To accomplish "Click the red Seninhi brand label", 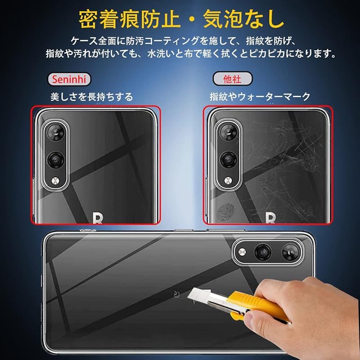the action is [69, 80].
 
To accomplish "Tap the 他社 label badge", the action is [232, 79].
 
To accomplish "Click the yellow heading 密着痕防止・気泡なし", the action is [181, 19].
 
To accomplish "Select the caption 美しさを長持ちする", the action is [92, 97].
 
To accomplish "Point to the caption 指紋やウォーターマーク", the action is [260, 96].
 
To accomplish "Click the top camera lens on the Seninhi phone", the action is [55, 132].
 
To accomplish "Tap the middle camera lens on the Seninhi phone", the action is [55, 160].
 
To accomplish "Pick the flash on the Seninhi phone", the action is [55, 180].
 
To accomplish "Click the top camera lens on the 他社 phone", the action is [228, 132].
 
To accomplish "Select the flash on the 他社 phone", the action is [228, 180].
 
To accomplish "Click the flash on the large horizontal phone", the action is [242, 252].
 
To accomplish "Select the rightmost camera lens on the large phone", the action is [291, 252].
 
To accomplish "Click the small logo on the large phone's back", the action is [176, 293].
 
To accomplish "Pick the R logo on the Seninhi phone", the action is [97, 218].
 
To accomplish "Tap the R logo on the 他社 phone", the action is [270, 218].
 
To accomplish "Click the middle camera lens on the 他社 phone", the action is [228, 160].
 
